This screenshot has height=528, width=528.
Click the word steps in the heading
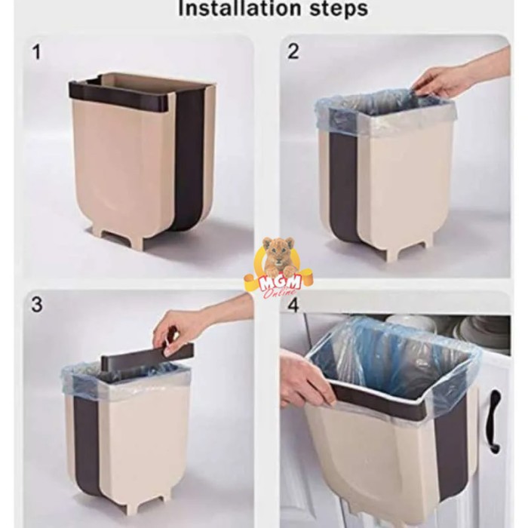click(x=339, y=9)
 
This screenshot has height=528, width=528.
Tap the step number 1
click(x=37, y=53)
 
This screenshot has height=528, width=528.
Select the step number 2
click(x=293, y=51)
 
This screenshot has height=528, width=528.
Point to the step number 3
click(x=37, y=304)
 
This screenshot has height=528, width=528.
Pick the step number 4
click(x=293, y=305)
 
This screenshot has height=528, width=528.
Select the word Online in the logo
click(x=279, y=293)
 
